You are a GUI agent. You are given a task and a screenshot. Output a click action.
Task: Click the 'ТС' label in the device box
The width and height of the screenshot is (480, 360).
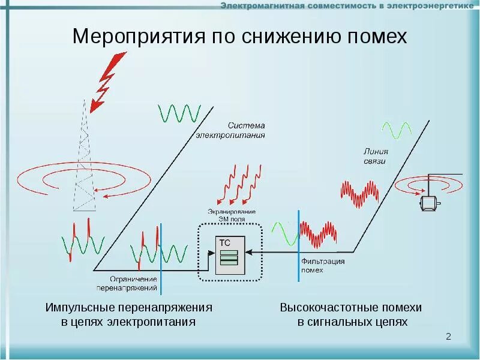click(x=224, y=242)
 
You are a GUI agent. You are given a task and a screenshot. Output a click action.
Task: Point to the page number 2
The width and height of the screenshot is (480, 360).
click(x=448, y=337)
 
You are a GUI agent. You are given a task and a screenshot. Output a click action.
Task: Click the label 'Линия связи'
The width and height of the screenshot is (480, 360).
click(x=375, y=157)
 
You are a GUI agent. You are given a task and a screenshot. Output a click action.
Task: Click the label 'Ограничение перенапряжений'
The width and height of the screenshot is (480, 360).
click(x=133, y=283)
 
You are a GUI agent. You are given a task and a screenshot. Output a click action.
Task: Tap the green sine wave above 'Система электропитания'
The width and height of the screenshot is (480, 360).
click(x=179, y=113)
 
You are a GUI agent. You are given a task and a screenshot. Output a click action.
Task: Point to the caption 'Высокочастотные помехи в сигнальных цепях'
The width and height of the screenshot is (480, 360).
click(x=351, y=314)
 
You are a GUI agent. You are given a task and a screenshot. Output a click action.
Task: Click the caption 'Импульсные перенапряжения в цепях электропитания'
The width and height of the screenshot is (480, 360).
click(x=129, y=314)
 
